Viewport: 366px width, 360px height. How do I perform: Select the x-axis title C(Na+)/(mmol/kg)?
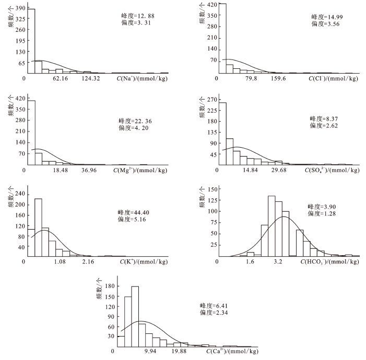(x=143, y=78)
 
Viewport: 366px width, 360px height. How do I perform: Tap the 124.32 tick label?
(x=91, y=78)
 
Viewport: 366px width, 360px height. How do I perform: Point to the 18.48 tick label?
(x=61, y=171)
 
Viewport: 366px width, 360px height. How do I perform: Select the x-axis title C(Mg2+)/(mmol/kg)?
(x=140, y=171)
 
